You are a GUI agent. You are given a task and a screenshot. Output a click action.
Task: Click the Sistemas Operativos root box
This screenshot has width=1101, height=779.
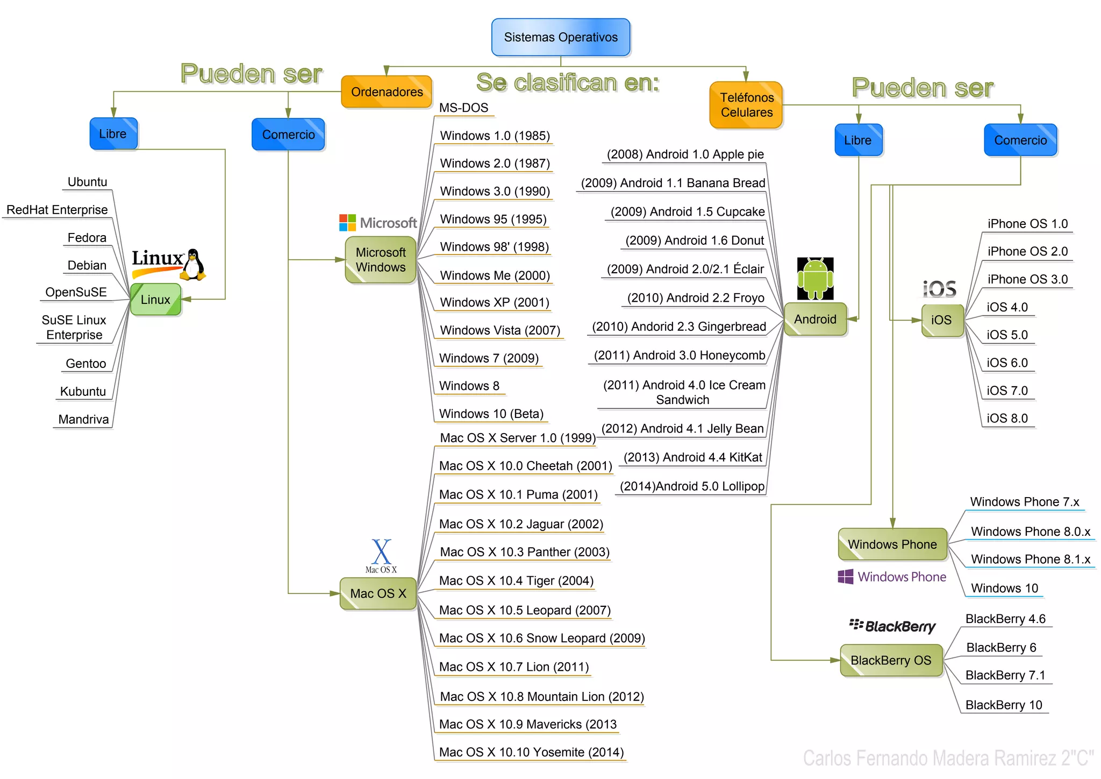coord(560,37)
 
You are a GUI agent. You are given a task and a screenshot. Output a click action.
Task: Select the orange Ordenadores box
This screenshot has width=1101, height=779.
coord(387,92)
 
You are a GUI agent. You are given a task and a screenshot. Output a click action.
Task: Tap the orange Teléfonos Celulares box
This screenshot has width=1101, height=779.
coord(746,105)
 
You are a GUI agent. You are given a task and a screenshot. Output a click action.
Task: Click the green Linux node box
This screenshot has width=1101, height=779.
coord(155,300)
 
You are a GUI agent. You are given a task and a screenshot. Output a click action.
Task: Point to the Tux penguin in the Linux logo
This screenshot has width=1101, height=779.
coord(194,265)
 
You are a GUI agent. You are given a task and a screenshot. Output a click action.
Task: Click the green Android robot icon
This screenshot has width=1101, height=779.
coord(815,278)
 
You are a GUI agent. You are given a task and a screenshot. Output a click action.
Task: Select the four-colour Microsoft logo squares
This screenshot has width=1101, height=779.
coord(347,223)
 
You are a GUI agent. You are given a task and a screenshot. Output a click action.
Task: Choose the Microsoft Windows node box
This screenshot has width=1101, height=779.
coord(381,260)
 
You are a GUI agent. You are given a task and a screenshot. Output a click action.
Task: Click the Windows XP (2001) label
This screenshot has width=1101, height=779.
coord(494,302)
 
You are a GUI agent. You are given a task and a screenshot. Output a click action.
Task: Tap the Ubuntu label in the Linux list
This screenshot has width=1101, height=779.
coord(87,182)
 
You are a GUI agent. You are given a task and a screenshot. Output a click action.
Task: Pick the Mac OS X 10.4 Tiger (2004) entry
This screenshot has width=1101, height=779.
coord(516,581)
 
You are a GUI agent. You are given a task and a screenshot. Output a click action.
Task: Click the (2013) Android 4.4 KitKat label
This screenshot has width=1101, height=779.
coord(692,457)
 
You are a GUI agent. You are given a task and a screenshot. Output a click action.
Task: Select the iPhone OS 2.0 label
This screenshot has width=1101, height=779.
coord(1027,251)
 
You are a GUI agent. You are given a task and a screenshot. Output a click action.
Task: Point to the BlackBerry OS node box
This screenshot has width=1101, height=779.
coord(891,660)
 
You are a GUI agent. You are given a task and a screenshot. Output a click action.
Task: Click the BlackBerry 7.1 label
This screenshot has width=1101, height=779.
coord(1005,675)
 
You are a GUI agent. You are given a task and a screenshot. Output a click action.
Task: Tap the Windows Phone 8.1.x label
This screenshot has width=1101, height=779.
coord(1030,560)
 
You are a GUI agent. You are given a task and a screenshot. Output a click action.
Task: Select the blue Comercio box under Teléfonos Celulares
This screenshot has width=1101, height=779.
coord(1020,140)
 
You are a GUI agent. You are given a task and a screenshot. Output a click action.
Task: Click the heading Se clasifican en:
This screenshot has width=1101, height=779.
coord(567,83)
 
